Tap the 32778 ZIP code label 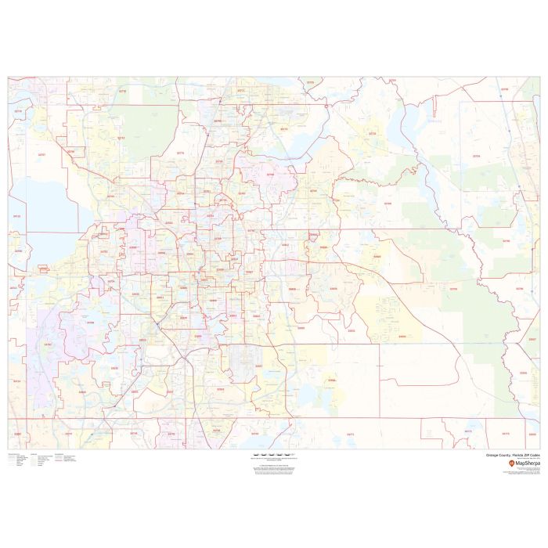point(18,112)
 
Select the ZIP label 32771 point(240,91)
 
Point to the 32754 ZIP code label point(476,156)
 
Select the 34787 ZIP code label point(48,344)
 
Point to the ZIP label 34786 point(89,322)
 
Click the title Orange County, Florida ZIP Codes point(513,455)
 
